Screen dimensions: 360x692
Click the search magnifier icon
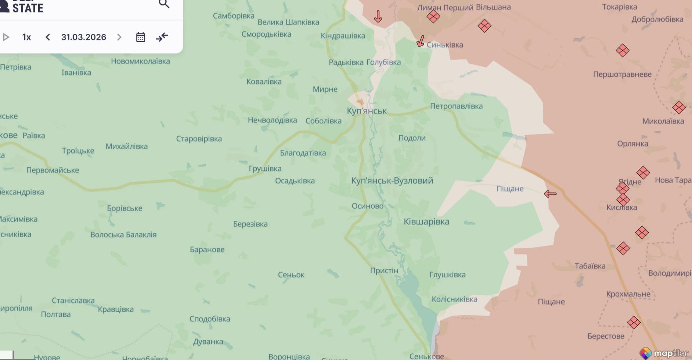[x=164, y=4]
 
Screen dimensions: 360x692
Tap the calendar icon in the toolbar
[x=141, y=37]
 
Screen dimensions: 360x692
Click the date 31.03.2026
[x=83, y=37]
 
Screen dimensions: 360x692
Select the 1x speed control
[x=26, y=37]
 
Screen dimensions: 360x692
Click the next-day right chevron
[x=119, y=37]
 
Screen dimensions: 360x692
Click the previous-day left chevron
[x=48, y=37]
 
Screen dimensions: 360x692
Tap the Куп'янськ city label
[x=367, y=111]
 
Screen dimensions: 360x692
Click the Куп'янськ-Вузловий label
[x=392, y=181]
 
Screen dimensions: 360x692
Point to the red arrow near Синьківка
[x=421, y=41]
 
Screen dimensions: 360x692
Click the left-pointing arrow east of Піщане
[x=550, y=194]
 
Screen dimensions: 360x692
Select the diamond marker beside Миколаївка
[x=679, y=108]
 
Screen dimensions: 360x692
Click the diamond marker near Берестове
[x=634, y=323]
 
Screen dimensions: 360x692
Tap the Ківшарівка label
[x=426, y=222]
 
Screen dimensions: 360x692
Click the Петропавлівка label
[x=456, y=106]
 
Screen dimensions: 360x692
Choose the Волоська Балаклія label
[x=123, y=235]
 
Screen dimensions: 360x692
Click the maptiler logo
[x=664, y=353]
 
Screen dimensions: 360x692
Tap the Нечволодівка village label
[x=272, y=120]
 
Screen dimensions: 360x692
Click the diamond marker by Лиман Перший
[x=433, y=17]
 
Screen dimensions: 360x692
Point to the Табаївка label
[x=590, y=266]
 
